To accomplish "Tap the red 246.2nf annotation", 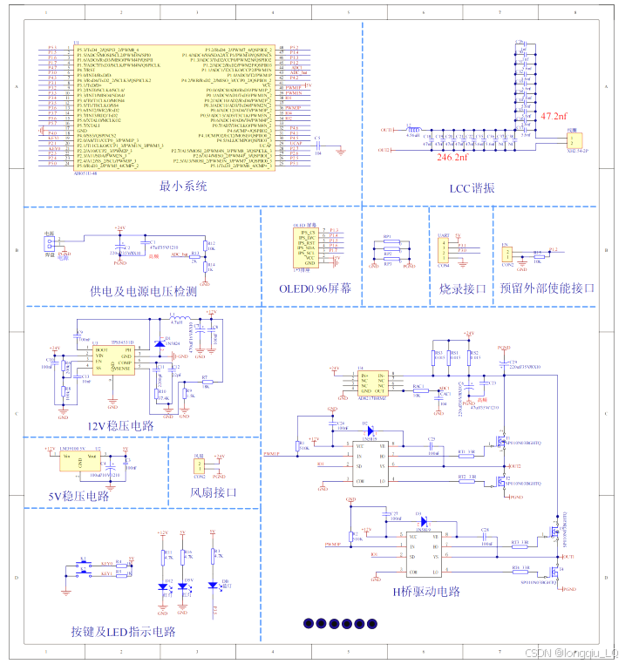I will click(x=452, y=159).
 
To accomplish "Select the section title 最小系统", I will click(x=184, y=186).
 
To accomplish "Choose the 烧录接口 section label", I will click(x=462, y=288).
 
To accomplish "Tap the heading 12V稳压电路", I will click(x=120, y=425).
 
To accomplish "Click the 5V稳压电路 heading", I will click(x=79, y=496).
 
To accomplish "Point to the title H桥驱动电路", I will click(x=425, y=593).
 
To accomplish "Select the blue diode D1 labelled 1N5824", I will click(x=159, y=343).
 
